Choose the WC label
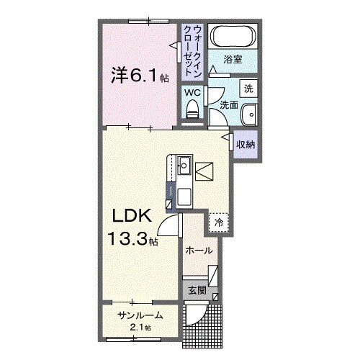[x=193, y=93]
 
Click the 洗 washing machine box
[x=248, y=89]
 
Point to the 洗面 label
[x=228, y=105]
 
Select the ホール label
[x=199, y=251]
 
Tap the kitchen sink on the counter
[x=184, y=166]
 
